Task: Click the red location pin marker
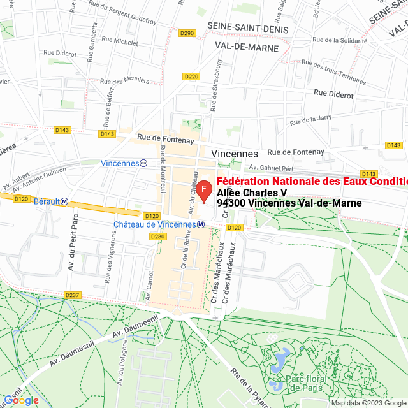203,191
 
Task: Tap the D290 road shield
187,33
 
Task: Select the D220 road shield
191,76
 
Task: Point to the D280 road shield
157,237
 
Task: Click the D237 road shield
72,295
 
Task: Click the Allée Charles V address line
252,193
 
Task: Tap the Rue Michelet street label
117,43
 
